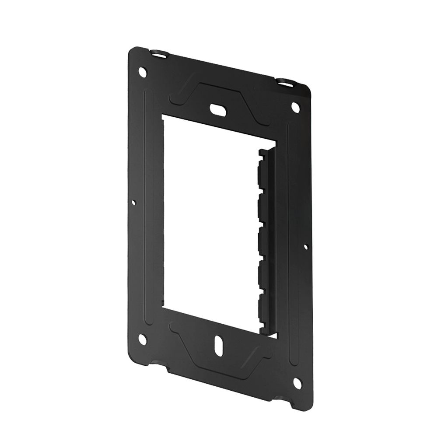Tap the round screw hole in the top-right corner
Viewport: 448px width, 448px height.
coord(296,107)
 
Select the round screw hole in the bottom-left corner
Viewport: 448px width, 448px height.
coord(143,339)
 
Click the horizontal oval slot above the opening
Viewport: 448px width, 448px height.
coord(217,110)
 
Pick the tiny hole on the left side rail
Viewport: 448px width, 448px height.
coord(134,202)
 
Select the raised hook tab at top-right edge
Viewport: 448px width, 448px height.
coord(285,82)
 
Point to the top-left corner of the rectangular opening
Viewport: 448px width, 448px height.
coord(162,115)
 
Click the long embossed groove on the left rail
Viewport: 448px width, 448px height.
coord(147,206)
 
